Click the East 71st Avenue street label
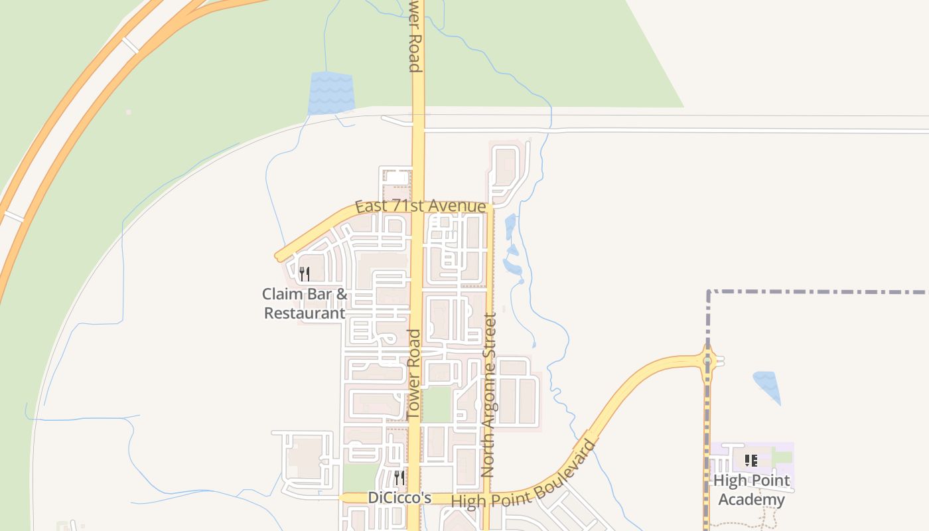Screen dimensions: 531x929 (420, 206)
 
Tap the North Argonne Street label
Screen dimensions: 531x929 (488, 395)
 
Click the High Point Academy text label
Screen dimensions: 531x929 (751, 490)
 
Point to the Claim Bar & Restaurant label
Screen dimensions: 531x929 (305, 303)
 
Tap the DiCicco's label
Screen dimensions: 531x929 (399, 498)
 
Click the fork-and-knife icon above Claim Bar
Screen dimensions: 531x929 (305, 273)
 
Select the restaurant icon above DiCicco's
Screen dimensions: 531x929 (399, 477)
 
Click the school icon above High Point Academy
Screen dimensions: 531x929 (751, 460)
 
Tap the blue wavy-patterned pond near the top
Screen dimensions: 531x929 (331, 93)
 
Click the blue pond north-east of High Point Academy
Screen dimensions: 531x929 (767, 386)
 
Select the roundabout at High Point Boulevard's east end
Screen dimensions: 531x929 (708, 361)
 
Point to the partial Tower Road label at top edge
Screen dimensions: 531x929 (415, 36)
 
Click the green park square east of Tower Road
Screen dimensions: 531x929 (437, 404)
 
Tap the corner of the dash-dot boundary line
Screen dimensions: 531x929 (709, 292)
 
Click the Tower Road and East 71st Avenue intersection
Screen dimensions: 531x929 (417, 206)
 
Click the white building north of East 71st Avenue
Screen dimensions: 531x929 (397, 178)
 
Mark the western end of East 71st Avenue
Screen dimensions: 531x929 (279, 257)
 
